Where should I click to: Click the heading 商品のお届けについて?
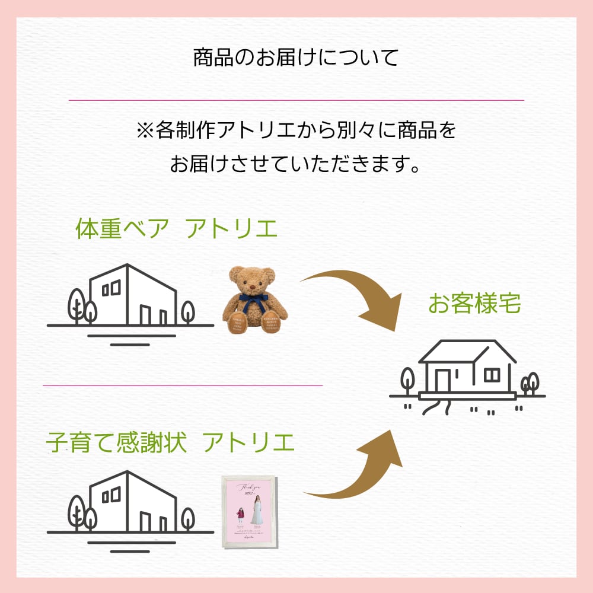[296, 58]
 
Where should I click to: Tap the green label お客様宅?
[474, 304]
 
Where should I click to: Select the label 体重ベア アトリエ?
[176, 229]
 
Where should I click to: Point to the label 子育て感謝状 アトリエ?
[170, 442]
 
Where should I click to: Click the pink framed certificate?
[249, 511]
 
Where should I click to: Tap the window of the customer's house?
[492, 375]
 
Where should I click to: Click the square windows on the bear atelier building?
[111, 289]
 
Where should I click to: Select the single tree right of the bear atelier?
[187, 312]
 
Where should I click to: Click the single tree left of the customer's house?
[407, 380]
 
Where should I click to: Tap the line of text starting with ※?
[296, 130]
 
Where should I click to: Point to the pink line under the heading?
[296, 100]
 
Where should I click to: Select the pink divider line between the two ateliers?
[183, 385]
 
